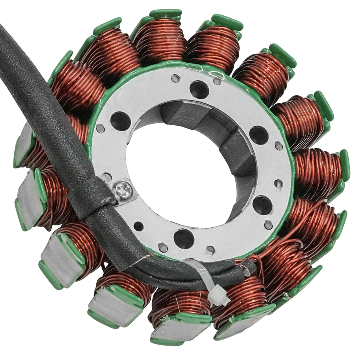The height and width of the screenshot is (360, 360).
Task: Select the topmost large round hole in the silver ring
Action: (x=199, y=90)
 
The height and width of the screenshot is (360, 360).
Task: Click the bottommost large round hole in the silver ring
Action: (x=184, y=238)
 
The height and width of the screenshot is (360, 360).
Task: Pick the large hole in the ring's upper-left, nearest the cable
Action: (x=121, y=121)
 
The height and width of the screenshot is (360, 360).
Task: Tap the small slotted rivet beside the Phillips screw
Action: (x=107, y=177)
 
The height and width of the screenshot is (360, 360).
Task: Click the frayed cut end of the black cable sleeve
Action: (x=248, y=267)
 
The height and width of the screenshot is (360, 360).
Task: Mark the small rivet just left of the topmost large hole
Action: (x=175, y=78)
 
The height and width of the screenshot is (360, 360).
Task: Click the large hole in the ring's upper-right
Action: (x=259, y=135)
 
